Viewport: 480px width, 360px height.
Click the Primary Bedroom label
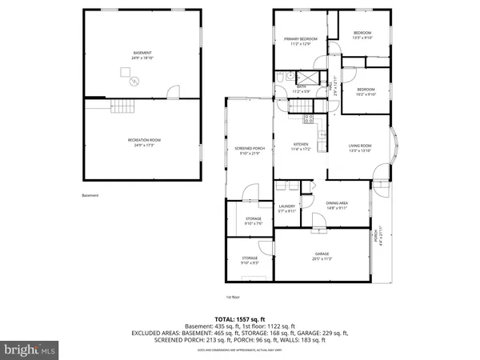[301, 41]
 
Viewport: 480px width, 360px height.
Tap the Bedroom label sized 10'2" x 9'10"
[366, 90]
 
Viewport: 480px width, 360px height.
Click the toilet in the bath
[285, 79]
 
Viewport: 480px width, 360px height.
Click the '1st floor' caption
[232, 297]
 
